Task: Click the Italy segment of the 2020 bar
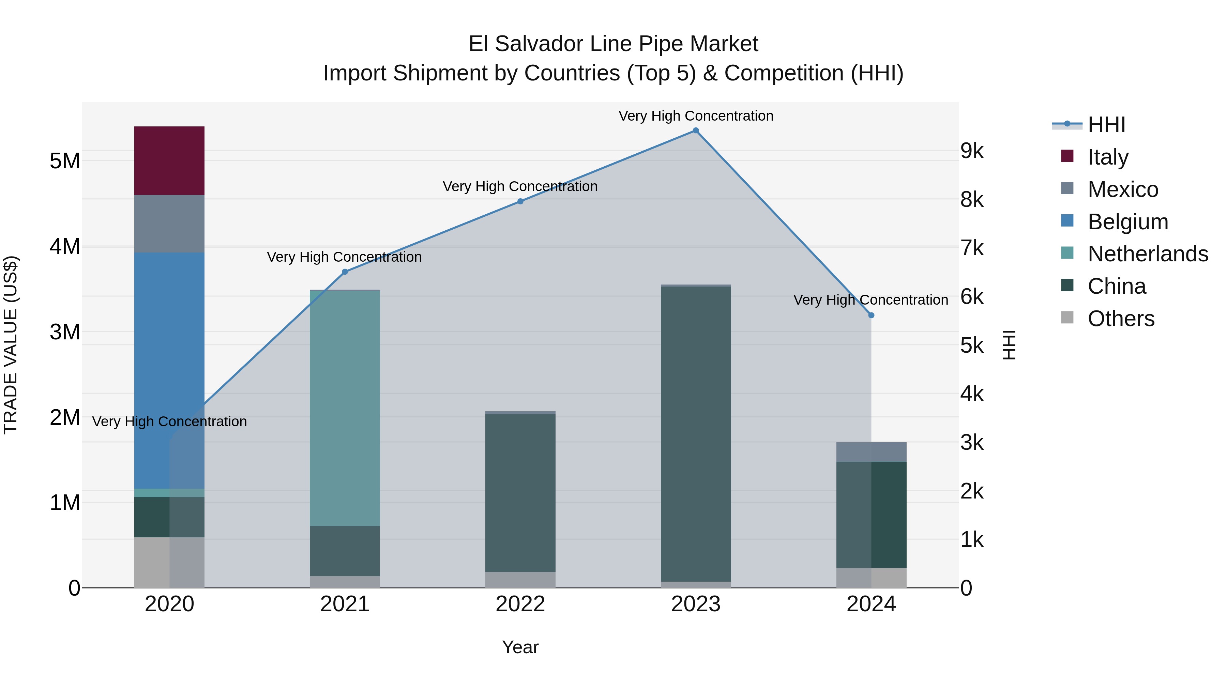(x=169, y=160)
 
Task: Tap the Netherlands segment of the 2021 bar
(x=345, y=408)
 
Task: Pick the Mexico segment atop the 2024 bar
(x=871, y=452)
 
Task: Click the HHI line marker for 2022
(x=520, y=201)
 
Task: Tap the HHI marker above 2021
(x=345, y=272)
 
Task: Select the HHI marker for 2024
(x=871, y=315)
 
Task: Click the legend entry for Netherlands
(x=1148, y=254)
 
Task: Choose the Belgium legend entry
(x=1127, y=222)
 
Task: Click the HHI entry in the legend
(x=1106, y=125)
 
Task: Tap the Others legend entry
(x=1121, y=319)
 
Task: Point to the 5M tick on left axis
(x=65, y=161)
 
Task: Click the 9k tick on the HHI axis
(x=972, y=151)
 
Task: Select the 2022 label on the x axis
(x=520, y=604)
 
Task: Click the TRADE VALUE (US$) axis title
(x=11, y=345)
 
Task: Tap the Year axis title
(x=520, y=647)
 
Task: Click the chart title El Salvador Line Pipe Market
(x=613, y=44)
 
